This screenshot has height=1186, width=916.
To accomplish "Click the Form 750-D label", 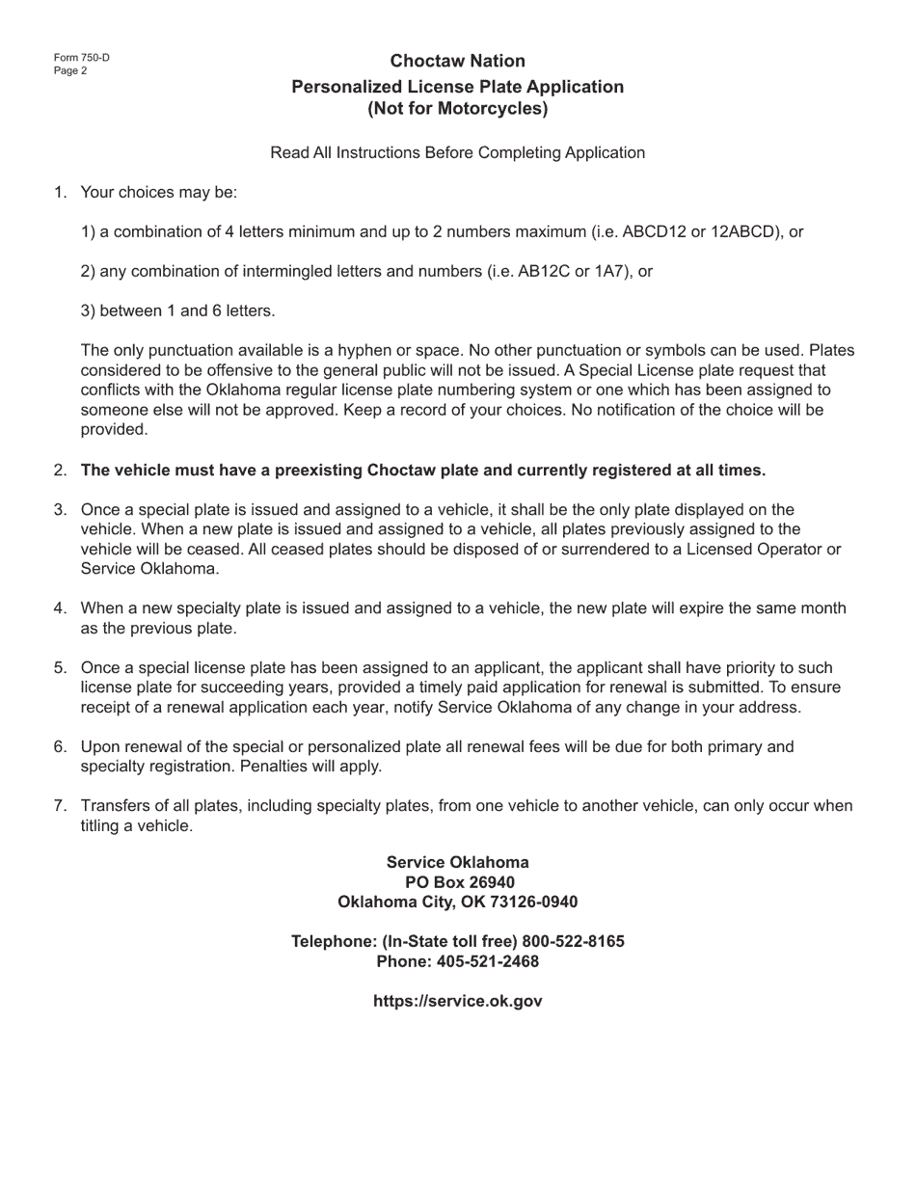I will (x=82, y=58).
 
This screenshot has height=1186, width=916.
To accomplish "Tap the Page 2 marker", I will (x=70, y=70).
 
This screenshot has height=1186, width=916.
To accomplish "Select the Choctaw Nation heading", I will (x=458, y=61).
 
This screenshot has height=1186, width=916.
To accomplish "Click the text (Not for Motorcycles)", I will (x=458, y=108).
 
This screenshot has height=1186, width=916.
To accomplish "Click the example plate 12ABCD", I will (x=741, y=231).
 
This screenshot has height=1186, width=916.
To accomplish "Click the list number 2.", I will (x=60, y=471).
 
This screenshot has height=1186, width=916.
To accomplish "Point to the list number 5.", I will (x=60, y=667).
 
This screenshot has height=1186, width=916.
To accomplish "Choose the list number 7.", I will (x=60, y=806).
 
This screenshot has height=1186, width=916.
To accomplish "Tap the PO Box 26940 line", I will (x=458, y=882).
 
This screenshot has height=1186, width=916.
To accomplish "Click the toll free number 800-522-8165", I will (x=574, y=941).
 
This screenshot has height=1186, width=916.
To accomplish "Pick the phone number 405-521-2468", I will (x=488, y=961).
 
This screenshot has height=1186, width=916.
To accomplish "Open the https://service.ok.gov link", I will (x=458, y=1001).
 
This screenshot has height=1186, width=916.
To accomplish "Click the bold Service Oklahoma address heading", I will (x=458, y=862).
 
